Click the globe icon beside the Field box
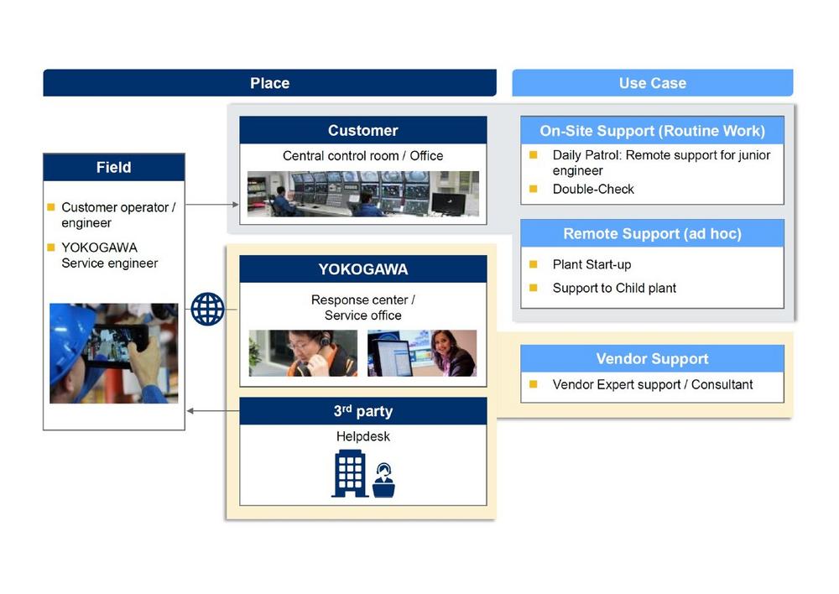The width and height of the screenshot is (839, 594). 207,309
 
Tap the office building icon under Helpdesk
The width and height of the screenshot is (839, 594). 350,473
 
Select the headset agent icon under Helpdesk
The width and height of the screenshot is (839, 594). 383,480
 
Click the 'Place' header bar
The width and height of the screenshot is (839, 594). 269,83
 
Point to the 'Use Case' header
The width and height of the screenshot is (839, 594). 652,83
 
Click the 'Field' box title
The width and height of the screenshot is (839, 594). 114,168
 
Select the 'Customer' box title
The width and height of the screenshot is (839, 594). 362,130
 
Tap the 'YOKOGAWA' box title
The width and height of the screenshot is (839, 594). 362,268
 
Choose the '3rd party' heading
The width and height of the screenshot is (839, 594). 362,411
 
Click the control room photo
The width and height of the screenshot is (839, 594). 362,194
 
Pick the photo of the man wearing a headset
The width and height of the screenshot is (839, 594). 303,353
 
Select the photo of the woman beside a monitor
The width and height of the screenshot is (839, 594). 422,353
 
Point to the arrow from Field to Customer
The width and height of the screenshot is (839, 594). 212,205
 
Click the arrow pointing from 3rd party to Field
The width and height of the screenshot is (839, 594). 213,411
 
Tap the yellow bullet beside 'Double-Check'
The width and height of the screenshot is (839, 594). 533,189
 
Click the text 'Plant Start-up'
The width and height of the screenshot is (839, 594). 591,264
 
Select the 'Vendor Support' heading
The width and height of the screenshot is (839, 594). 652,358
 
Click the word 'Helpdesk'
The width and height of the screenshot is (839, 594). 362,436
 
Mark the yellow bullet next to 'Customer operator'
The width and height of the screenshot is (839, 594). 51,206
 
